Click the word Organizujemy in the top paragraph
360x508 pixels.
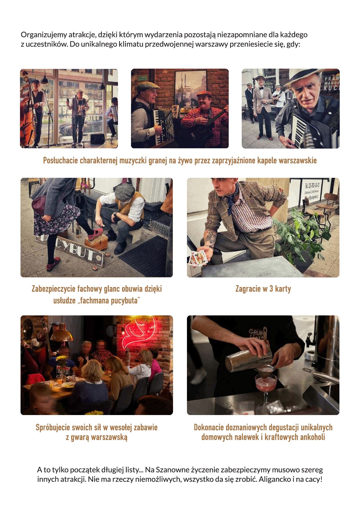coord(44,35)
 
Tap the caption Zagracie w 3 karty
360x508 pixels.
coord(263,289)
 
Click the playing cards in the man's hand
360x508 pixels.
coord(198,258)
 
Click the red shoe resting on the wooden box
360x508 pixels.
coord(96,234)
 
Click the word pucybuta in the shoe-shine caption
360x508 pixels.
coord(124,301)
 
